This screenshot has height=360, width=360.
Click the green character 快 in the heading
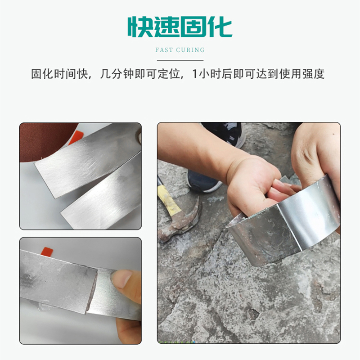(139, 27)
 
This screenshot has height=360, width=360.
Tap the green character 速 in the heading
(166, 27)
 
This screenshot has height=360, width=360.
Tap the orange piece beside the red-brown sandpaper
(75, 137)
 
